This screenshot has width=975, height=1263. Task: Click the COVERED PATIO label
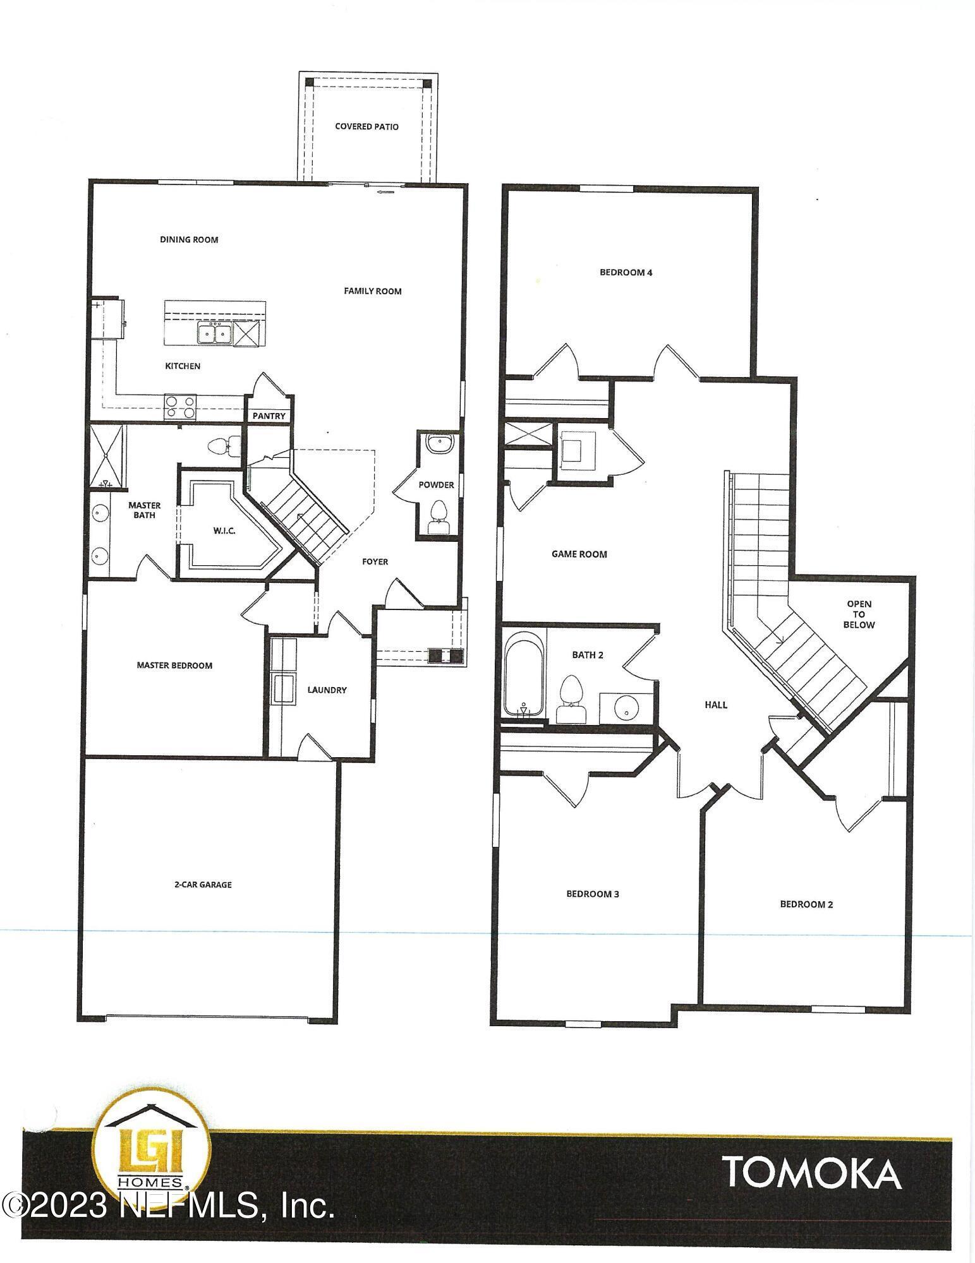point(366,126)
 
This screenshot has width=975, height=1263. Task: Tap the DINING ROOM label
point(189,239)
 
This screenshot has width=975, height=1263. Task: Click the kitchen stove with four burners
point(180,407)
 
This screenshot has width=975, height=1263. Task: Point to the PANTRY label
point(269,416)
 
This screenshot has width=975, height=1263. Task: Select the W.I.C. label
point(224,530)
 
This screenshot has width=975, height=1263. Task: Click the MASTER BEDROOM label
point(174,665)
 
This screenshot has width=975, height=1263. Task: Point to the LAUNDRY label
point(327,690)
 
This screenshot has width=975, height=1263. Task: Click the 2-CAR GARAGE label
point(203,885)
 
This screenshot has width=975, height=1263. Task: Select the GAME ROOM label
point(579,554)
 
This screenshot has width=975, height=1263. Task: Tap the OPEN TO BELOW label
point(859,614)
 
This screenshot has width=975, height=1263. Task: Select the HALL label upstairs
point(716,704)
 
